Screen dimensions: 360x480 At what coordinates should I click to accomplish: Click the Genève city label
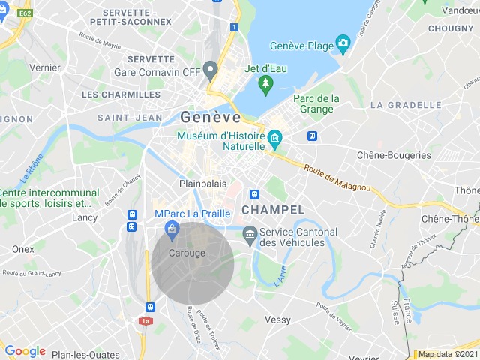(x=211, y=118)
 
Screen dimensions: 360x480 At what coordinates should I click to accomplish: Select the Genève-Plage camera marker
(x=343, y=43)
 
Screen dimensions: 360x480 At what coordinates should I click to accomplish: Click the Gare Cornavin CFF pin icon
(x=211, y=70)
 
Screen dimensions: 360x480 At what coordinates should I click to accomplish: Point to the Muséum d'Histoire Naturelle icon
(x=274, y=138)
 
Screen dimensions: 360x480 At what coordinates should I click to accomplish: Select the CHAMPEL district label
(x=273, y=210)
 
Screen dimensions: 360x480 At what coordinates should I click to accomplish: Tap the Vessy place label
(x=277, y=319)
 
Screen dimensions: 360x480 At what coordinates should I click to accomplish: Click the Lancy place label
(x=85, y=217)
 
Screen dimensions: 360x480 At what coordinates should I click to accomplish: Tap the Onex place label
(x=22, y=249)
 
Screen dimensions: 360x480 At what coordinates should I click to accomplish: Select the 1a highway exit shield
(x=145, y=321)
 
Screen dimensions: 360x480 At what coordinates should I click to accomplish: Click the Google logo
(x=25, y=351)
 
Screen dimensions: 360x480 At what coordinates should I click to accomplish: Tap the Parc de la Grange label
(x=316, y=103)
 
